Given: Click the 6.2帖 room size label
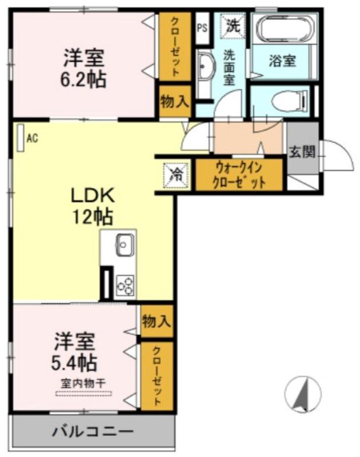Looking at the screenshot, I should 85,79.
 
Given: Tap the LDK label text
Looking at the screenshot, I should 93,196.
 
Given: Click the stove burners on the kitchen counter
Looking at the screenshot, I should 125,284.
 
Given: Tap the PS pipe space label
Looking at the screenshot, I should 202,27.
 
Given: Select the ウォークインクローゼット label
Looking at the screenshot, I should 239,175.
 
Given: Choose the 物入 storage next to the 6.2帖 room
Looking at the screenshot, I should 174,102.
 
